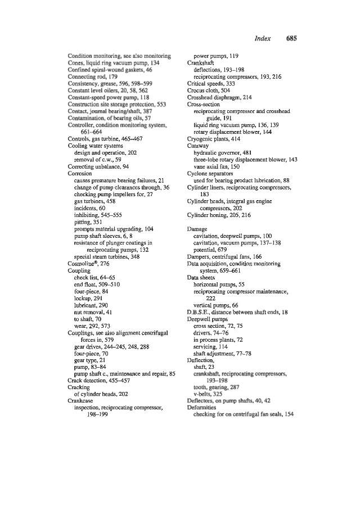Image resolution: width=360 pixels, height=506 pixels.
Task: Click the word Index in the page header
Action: (262, 39)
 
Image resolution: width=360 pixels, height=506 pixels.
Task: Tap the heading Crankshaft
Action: (202, 64)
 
